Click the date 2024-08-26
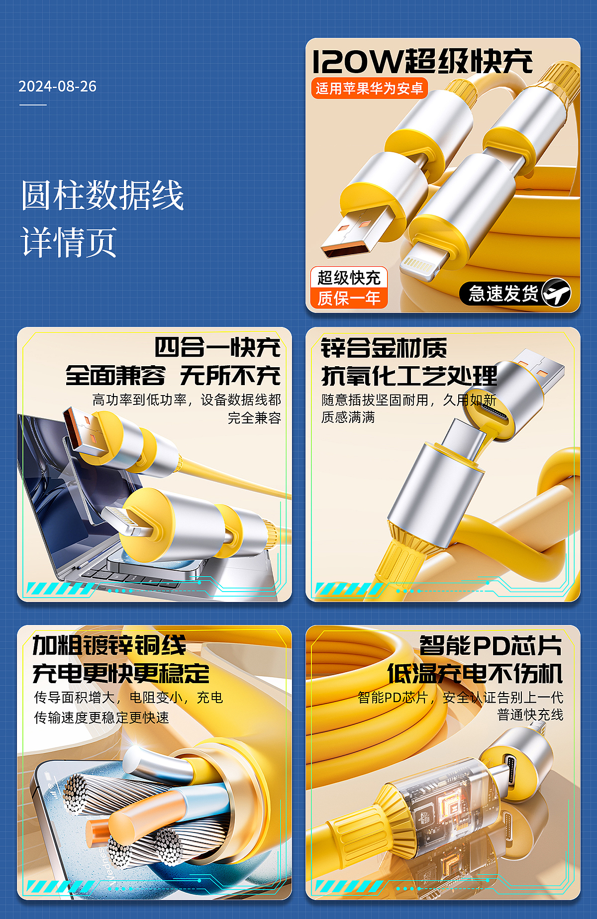[57, 87]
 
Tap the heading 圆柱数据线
[102, 196]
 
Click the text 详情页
[69, 242]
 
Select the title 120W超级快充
[422, 62]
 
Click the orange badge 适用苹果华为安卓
[369, 89]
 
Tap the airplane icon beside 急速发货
[556, 293]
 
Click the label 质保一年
[349, 299]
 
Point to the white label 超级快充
[349, 278]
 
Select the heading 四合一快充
[217, 347]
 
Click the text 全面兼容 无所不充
[173, 375]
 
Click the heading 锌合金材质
[384, 348]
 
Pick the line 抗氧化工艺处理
[409, 376]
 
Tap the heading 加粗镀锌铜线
[109, 646]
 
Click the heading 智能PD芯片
[491, 646]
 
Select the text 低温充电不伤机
[475, 674]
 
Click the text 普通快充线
[530, 715]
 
